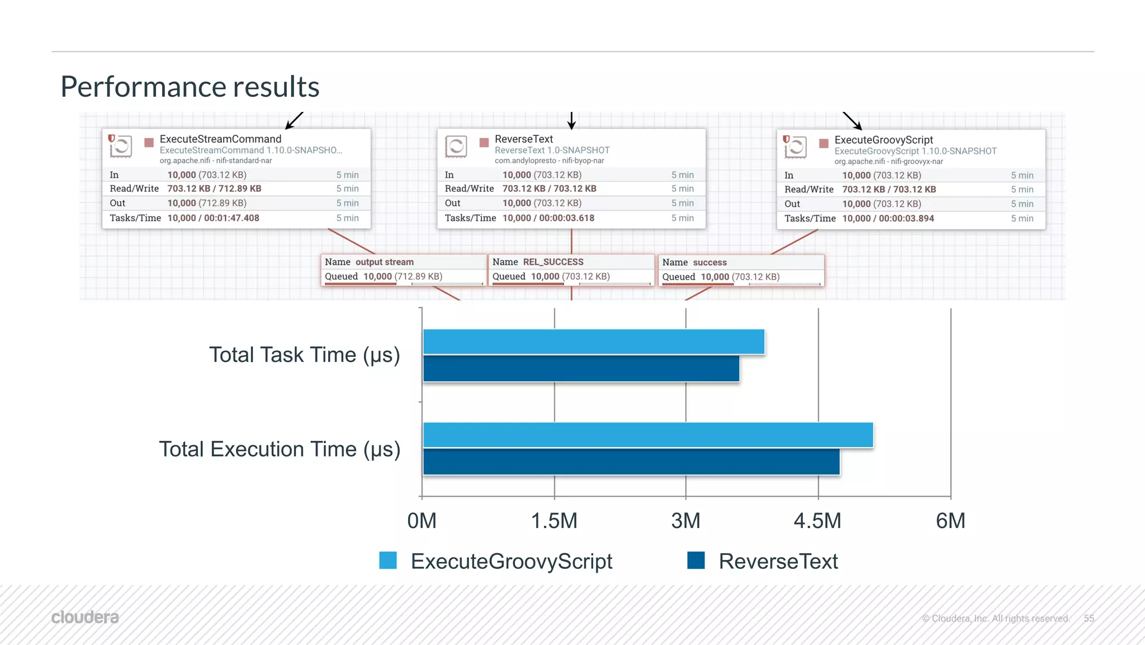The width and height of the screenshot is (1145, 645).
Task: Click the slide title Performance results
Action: [190, 87]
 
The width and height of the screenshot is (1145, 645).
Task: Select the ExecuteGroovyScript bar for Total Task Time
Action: [593, 342]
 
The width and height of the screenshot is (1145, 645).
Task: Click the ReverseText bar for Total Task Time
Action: [581, 369]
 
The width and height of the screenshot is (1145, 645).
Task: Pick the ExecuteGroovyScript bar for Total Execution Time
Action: [647, 435]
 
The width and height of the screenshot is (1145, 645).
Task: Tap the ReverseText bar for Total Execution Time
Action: [631, 462]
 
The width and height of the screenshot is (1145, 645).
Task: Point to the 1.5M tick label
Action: [553, 521]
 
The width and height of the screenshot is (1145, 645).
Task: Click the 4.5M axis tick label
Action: [817, 521]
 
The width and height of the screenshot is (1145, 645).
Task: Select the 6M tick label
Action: [950, 521]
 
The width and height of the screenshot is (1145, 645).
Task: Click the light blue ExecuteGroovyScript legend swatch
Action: [388, 560]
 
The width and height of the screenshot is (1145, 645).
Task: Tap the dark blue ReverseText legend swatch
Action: [696, 560]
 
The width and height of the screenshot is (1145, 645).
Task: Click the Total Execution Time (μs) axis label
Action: [280, 449]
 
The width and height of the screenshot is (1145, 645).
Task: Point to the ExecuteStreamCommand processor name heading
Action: [220, 139]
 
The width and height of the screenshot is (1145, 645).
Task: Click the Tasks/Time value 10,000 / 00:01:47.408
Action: [213, 218]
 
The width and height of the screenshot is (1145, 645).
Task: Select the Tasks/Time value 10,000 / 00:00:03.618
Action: [548, 218]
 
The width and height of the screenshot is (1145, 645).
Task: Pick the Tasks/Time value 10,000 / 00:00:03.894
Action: [888, 219]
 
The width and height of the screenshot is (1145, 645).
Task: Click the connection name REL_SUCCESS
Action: [553, 262]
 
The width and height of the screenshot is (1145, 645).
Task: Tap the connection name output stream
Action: [385, 262]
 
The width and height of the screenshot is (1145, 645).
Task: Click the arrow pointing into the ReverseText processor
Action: [571, 121]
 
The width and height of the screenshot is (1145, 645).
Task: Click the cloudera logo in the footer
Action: [85, 617]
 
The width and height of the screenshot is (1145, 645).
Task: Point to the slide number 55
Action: [1089, 618]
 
